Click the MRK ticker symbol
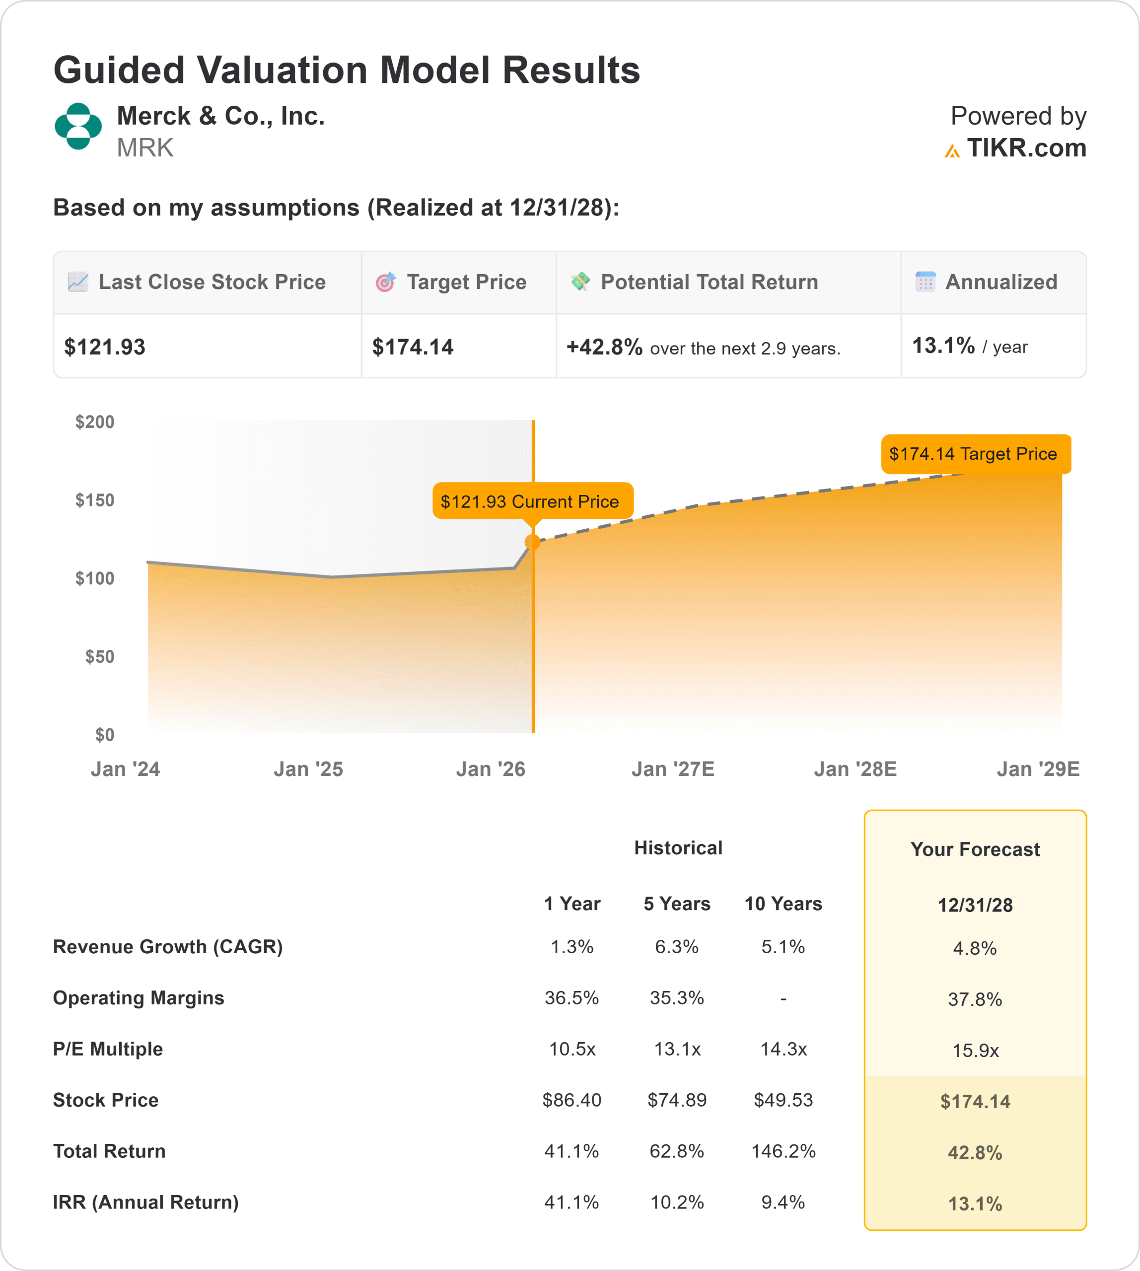[x=144, y=148]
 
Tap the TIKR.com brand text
[x=1026, y=148]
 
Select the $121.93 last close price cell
[x=105, y=347]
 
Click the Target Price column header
[x=466, y=282]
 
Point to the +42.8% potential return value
[x=604, y=347]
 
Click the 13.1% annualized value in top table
[x=943, y=346]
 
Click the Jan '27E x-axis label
[x=673, y=769]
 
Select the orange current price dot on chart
[x=532, y=542]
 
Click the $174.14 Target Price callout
[x=975, y=453]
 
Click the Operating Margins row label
[x=139, y=998]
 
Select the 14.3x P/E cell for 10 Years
[x=783, y=1049]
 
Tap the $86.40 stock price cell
[x=571, y=1100]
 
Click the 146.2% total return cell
[x=783, y=1151]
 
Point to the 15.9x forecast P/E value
[x=975, y=1051]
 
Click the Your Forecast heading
[x=975, y=849]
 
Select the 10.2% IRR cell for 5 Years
[x=676, y=1202]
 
